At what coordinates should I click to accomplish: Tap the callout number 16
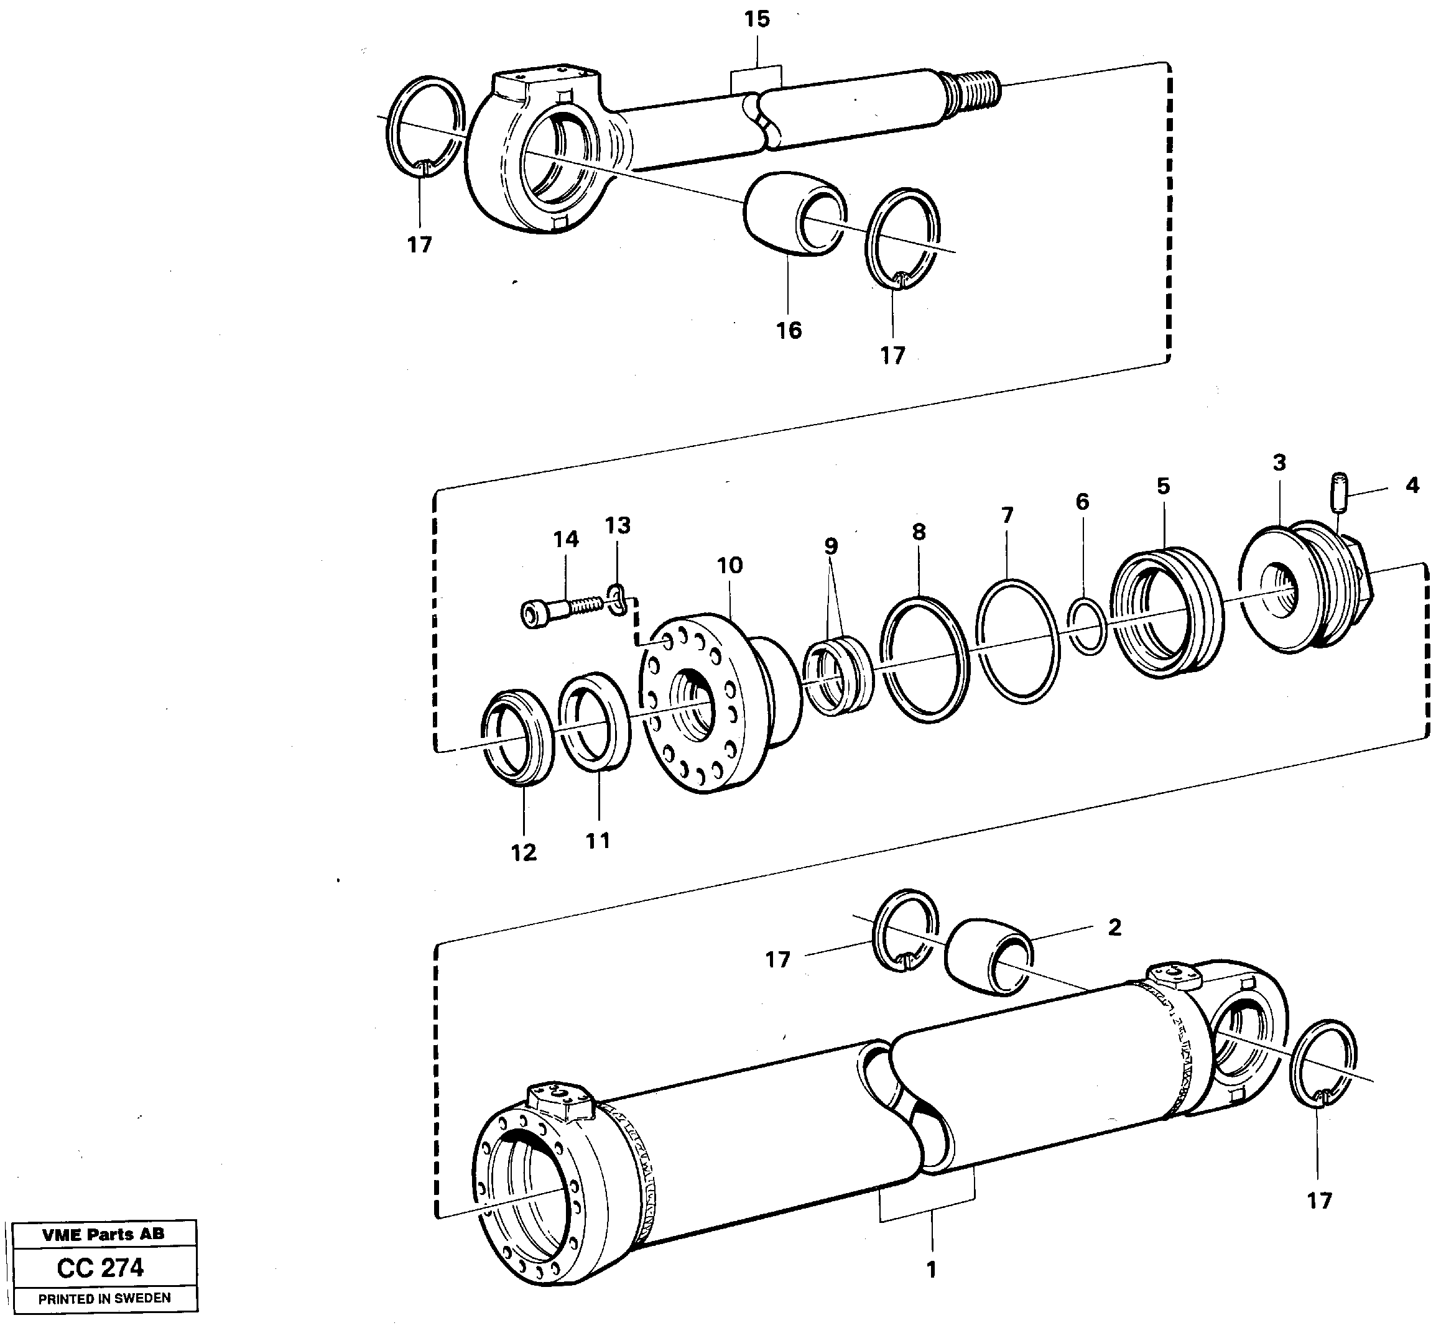point(789,331)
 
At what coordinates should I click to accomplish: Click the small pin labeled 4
point(1339,493)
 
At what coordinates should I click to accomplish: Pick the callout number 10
point(730,566)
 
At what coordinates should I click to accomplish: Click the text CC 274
point(101,1267)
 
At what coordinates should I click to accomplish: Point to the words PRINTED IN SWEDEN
point(104,1299)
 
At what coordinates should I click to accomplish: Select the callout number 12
point(523,853)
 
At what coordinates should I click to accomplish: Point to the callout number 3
point(1279,463)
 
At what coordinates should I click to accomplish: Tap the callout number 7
point(1007,515)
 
